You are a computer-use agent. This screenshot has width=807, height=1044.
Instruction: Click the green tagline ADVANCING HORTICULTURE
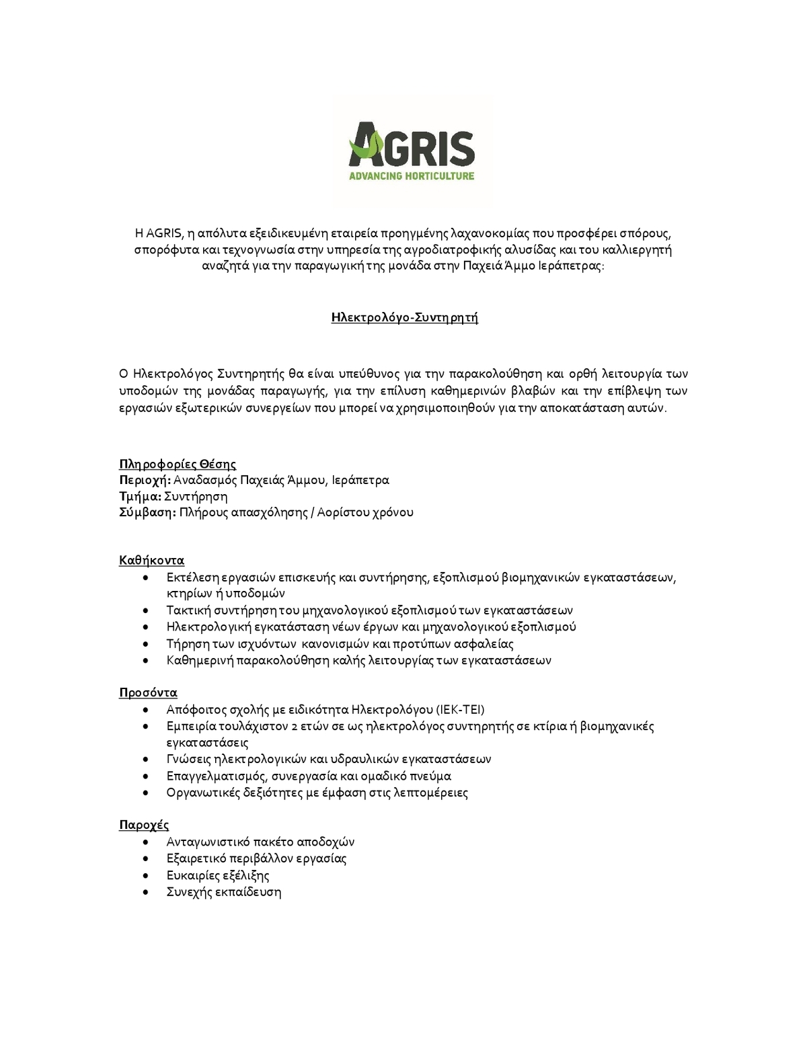pyautogui.click(x=412, y=176)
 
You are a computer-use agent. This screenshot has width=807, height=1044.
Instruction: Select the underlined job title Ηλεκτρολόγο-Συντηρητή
pyautogui.click(x=404, y=317)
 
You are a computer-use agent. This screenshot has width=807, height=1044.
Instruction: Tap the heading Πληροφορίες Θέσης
pyautogui.click(x=178, y=464)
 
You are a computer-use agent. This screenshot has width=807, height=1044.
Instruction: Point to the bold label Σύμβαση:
pyautogui.click(x=148, y=513)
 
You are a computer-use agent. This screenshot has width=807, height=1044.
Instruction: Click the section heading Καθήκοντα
pyautogui.click(x=151, y=560)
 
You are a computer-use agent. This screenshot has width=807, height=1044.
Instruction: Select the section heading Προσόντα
pyautogui.click(x=148, y=692)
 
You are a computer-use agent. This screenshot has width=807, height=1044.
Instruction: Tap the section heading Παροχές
pyautogui.click(x=144, y=825)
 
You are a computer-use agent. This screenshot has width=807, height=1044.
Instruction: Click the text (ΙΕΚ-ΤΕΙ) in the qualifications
pyautogui.click(x=460, y=709)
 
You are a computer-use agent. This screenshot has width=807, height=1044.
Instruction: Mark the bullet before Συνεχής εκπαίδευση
pyautogui.click(x=147, y=893)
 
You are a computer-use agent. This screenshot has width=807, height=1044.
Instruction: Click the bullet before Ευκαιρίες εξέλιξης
pyautogui.click(x=147, y=876)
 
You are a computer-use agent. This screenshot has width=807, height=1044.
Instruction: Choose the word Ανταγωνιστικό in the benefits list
pyautogui.click(x=209, y=842)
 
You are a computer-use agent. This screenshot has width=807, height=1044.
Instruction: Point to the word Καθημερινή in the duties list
pyautogui.click(x=200, y=660)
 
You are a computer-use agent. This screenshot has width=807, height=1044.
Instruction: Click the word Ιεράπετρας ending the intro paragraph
pyautogui.click(x=571, y=266)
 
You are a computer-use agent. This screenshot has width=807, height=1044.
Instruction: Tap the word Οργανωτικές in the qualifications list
pyautogui.click(x=199, y=793)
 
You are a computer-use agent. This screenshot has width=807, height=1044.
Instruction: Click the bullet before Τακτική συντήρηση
pyautogui.click(x=147, y=610)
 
